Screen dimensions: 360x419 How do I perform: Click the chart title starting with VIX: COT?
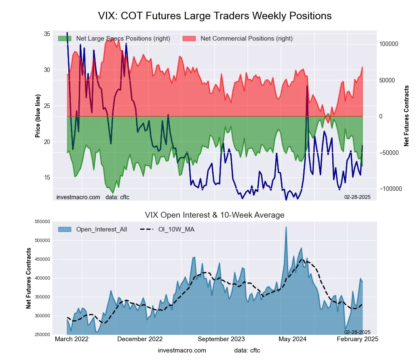click(215, 16)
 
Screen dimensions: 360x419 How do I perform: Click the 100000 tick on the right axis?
click(389, 44)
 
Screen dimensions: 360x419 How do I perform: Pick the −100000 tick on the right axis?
click(390, 189)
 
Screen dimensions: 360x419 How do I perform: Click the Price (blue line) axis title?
click(38, 116)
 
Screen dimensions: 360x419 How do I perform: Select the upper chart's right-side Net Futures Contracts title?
click(406, 116)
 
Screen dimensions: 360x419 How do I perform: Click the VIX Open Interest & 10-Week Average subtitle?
click(215, 215)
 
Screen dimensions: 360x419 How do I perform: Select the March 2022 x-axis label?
click(72, 339)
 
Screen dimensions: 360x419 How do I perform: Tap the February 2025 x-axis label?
click(357, 339)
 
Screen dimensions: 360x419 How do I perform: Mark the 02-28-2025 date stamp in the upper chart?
click(357, 197)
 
